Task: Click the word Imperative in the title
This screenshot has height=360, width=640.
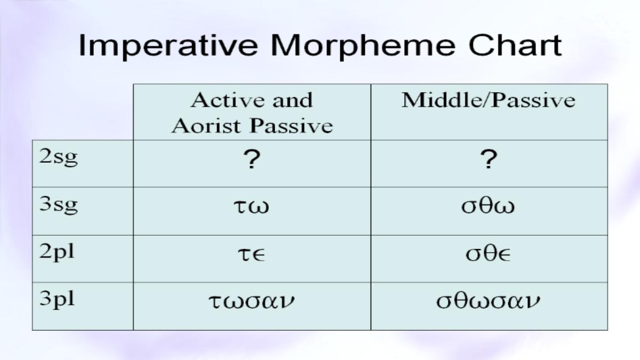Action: [168, 46]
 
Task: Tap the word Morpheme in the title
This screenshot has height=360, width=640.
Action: [363, 46]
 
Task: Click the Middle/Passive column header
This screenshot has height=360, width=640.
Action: [489, 100]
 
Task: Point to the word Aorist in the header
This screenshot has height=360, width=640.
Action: [206, 126]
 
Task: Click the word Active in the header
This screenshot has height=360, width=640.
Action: [227, 100]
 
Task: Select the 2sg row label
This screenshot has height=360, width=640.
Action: [59, 157]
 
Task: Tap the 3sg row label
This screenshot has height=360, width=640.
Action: [59, 205]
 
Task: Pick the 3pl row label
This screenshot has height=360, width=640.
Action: [57, 299]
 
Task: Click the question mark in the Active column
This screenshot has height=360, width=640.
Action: [252, 159]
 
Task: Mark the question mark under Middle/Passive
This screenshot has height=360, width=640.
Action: [489, 159]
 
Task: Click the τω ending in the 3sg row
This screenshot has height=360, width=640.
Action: [251, 206]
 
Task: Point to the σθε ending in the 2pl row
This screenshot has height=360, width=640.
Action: [488, 253]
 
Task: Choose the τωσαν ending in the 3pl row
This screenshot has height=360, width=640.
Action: [251, 301]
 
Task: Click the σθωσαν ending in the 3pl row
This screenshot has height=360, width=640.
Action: [489, 300]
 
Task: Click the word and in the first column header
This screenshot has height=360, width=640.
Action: [293, 100]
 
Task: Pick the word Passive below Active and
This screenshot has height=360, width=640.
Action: [291, 126]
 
